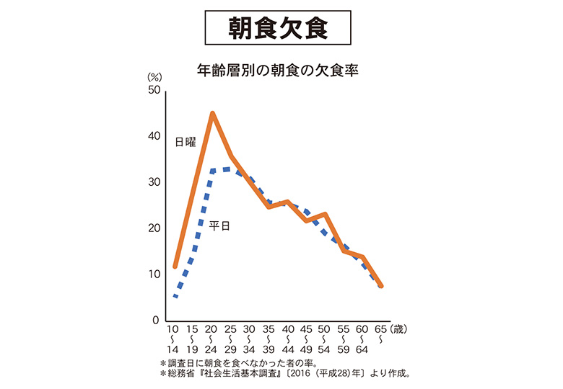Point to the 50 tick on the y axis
[154, 90]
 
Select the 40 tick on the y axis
[154, 136]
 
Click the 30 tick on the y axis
[154, 182]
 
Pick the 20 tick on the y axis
[154, 228]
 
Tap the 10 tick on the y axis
[154, 274]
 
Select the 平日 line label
[220, 225]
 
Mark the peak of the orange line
[212, 113]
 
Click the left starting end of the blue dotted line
[175, 295]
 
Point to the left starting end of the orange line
[175, 267]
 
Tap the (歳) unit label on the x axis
[399, 329]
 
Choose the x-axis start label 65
[381, 329]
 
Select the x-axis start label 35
[269, 329]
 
